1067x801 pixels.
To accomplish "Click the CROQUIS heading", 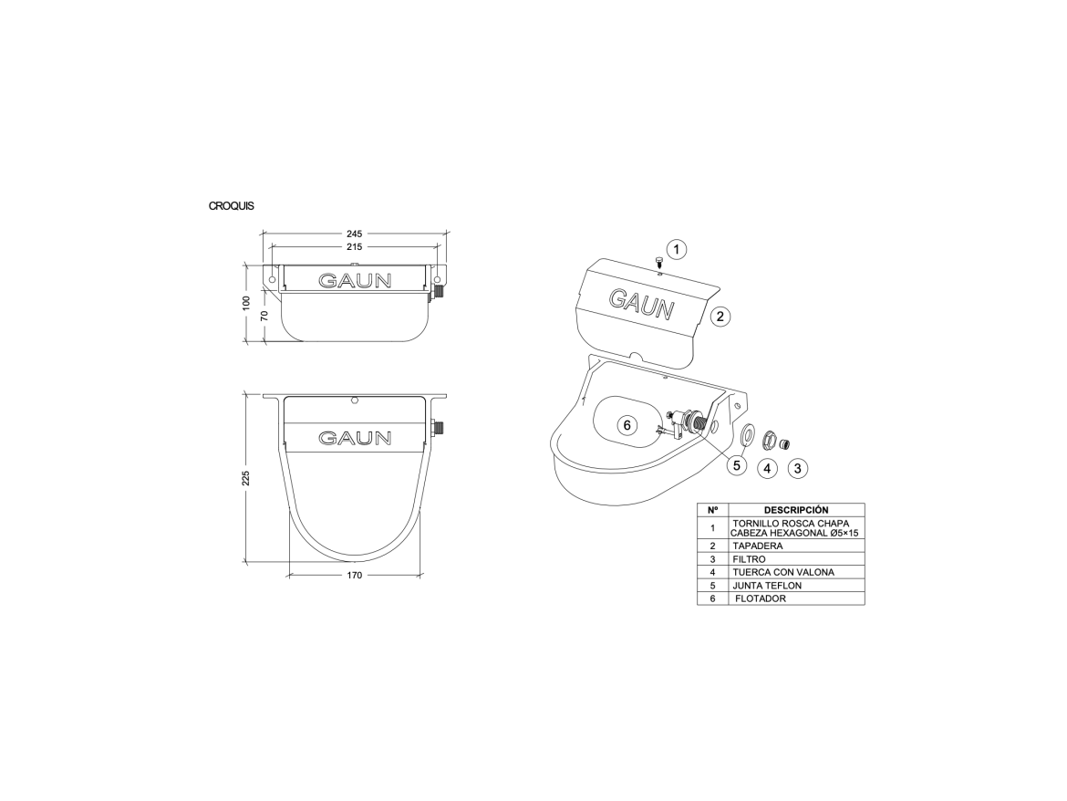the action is [x=232, y=206].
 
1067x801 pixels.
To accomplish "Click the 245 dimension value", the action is [x=355, y=234].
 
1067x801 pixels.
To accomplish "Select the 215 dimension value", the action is [x=355, y=246].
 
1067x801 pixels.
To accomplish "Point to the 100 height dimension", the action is [x=246, y=302].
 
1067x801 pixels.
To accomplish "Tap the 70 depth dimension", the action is [x=264, y=316].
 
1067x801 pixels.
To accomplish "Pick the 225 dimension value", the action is [x=246, y=478].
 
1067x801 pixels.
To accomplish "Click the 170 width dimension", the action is [x=355, y=576].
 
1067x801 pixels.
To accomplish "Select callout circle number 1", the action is [x=677, y=250].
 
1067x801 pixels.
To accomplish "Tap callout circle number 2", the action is [x=720, y=316].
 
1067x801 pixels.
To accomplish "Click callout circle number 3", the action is [x=798, y=468].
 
